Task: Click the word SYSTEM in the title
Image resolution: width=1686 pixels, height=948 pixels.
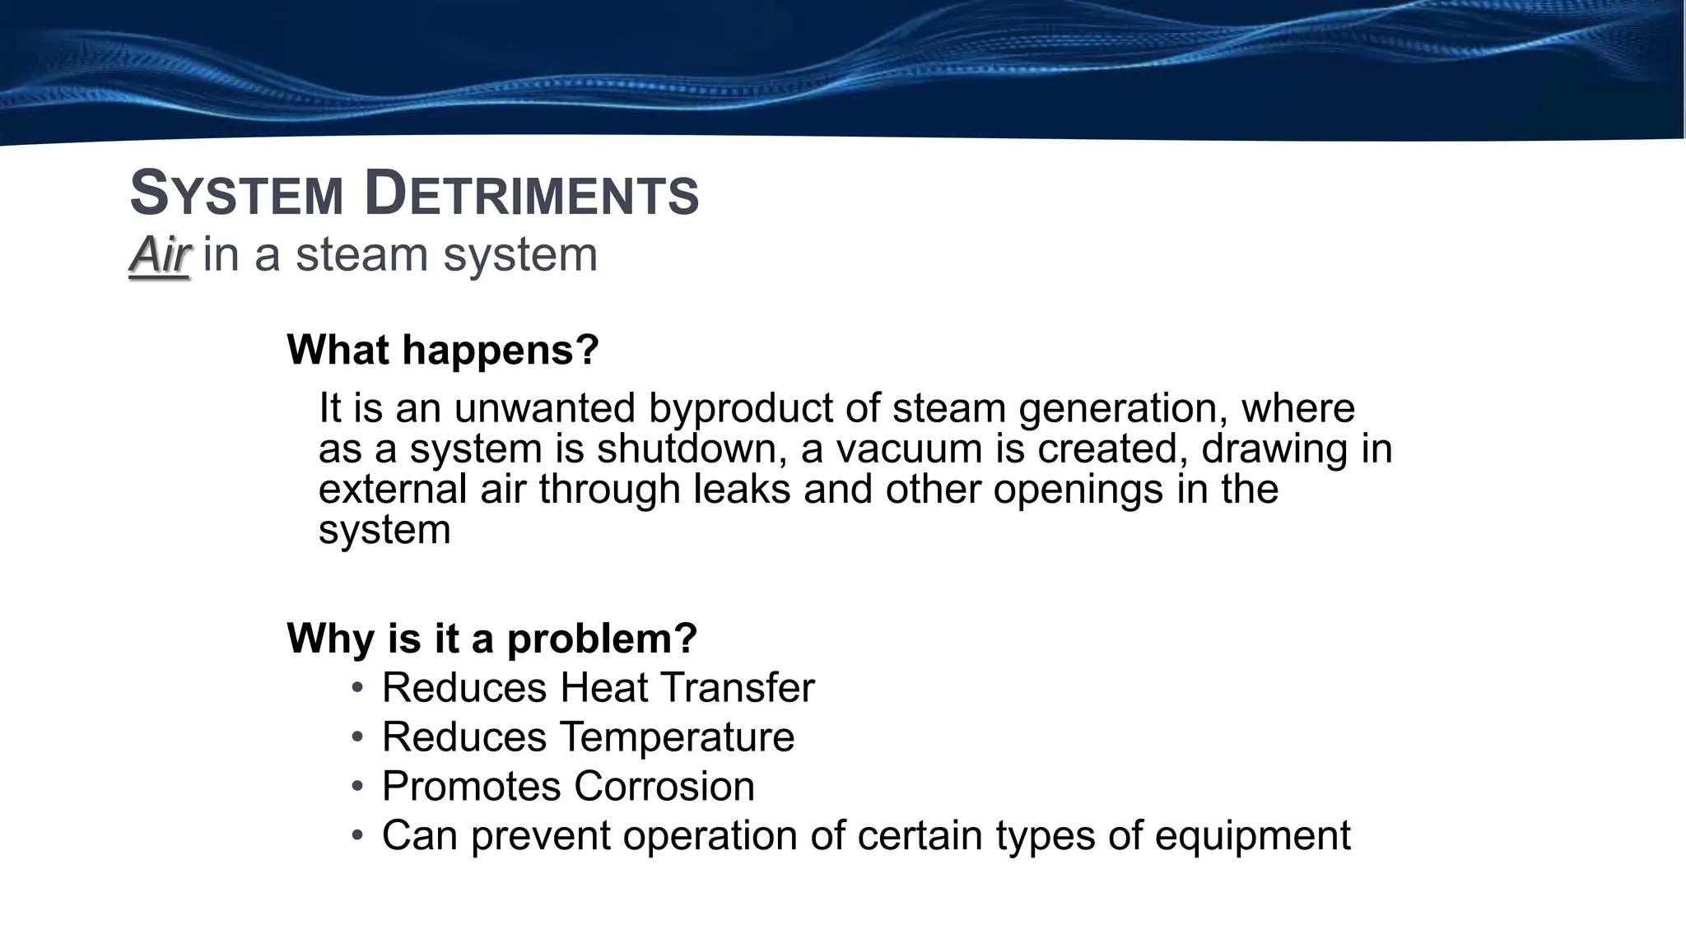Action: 236,194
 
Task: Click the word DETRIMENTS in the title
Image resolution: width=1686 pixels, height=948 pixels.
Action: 531,194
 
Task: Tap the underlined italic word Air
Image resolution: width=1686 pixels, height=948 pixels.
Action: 160,254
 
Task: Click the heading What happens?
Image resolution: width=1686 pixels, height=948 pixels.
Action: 442,350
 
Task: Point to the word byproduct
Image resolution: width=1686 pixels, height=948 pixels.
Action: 746,409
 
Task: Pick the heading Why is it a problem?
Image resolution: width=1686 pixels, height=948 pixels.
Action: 491,638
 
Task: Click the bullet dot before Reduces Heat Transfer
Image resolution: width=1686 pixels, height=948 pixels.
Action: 356,686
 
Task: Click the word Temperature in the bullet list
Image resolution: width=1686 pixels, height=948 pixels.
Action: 677,737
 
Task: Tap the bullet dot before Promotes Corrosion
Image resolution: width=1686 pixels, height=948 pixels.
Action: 356,785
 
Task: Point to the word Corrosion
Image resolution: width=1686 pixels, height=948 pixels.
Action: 664,787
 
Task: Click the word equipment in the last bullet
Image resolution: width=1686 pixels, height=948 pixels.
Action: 1252,836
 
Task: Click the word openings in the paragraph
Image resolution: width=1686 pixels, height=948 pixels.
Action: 1078,490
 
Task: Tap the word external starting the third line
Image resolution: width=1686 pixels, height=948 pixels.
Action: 393,490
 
